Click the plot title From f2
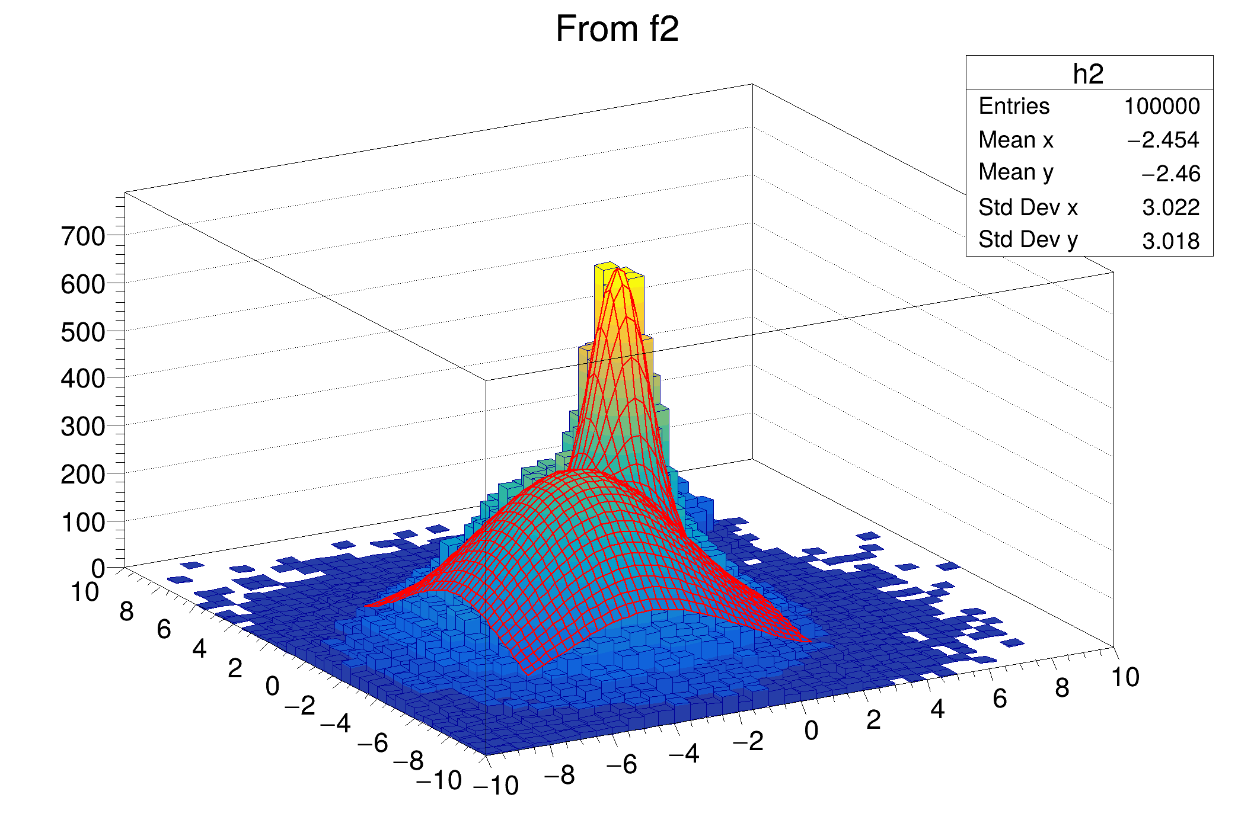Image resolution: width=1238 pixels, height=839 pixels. (x=617, y=29)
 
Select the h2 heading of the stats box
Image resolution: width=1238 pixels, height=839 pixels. (x=1088, y=74)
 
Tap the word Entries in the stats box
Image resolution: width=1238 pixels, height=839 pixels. (x=1013, y=107)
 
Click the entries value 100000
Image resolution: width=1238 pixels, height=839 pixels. (x=1162, y=107)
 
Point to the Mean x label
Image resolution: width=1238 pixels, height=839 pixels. (x=1016, y=140)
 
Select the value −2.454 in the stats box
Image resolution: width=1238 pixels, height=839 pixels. (x=1163, y=140)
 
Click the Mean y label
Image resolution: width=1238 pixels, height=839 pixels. (x=1016, y=172)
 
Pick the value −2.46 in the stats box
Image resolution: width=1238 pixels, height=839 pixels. (x=1170, y=174)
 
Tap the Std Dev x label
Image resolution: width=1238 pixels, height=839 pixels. (x=1028, y=207)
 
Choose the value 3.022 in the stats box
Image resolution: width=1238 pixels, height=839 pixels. (x=1170, y=207)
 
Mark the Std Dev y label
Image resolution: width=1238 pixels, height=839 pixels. (x=1028, y=240)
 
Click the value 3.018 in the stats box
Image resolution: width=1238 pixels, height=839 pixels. (x=1170, y=241)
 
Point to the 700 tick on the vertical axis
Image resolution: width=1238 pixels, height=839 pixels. (x=83, y=237)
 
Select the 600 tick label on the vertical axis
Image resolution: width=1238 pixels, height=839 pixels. (x=83, y=285)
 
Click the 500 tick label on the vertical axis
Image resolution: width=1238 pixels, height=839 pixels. (x=83, y=332)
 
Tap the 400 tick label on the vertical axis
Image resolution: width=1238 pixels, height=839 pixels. (x=83, y=379)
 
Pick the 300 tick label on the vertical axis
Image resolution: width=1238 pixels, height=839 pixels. (x=83, y=427)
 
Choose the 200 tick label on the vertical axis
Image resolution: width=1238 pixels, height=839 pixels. (x=83, y=475)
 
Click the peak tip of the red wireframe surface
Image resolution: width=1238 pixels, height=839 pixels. (x=618, y=269)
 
